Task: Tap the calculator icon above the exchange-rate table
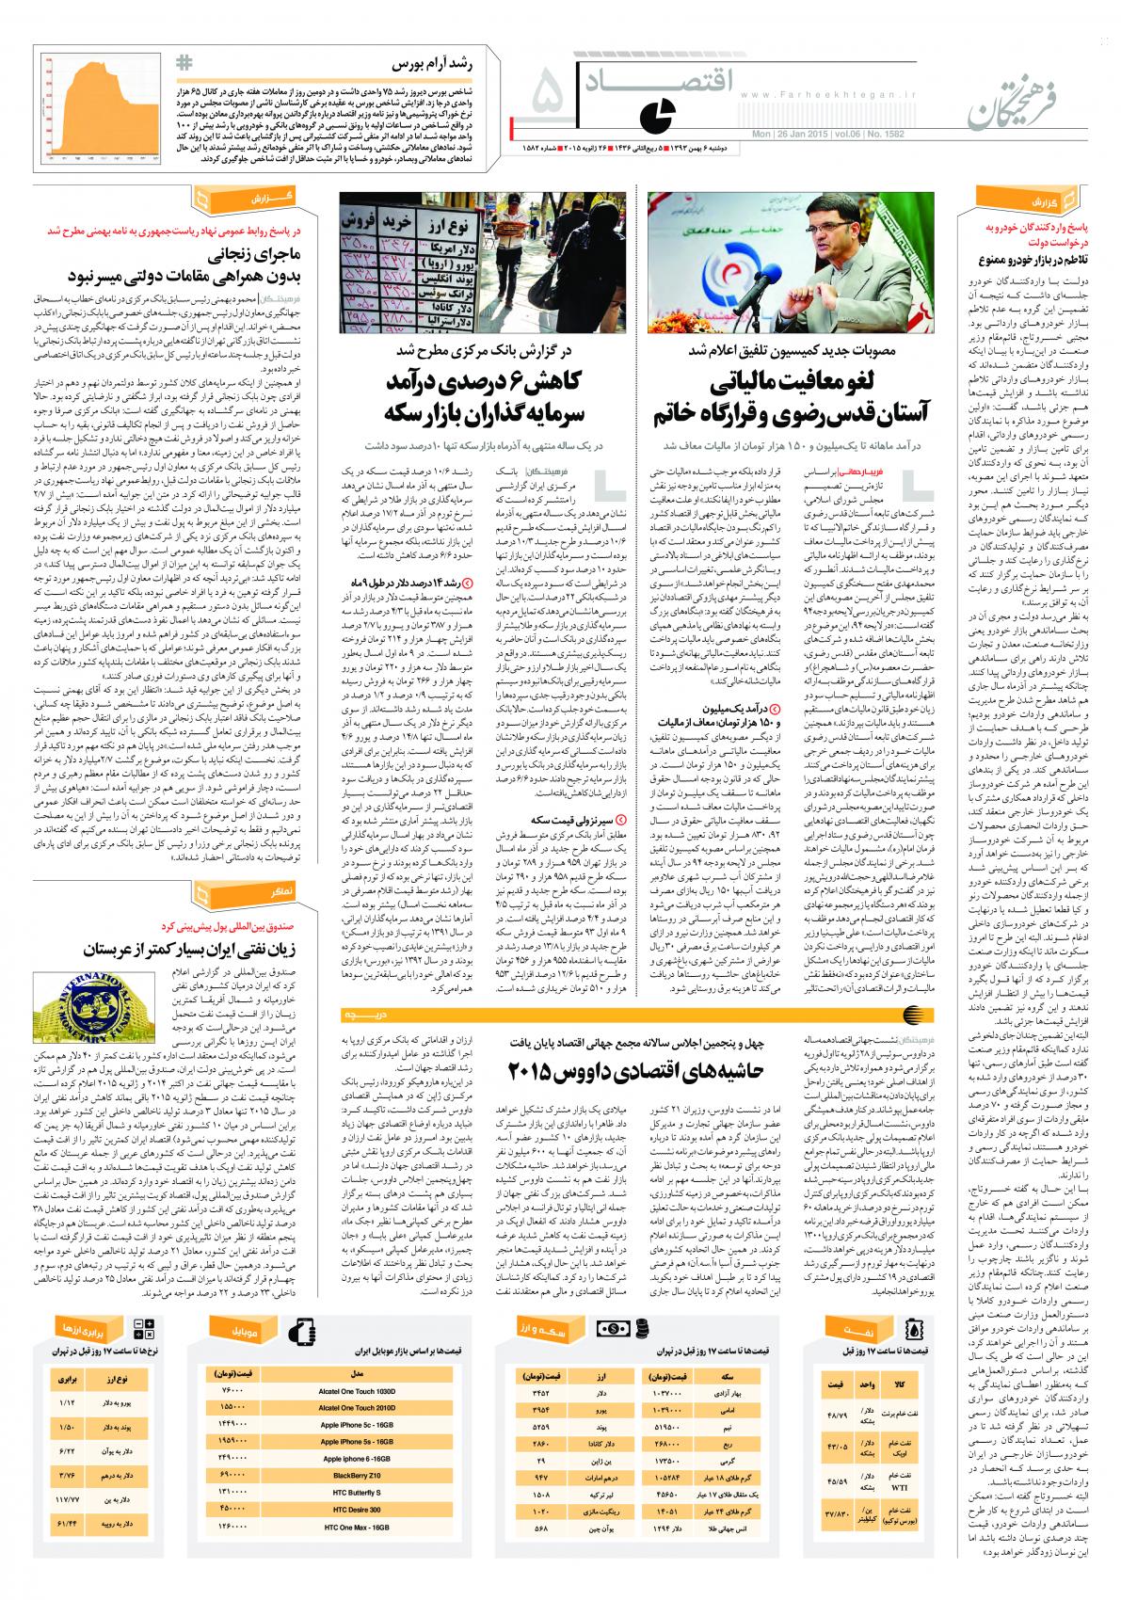coord(147,1330)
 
